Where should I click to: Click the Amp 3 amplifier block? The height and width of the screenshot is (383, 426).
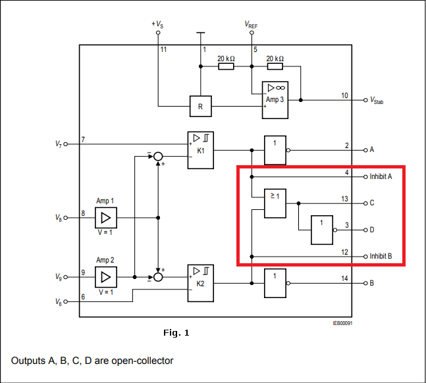(x=275, y=100)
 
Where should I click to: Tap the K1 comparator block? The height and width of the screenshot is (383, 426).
(x=200, y=150)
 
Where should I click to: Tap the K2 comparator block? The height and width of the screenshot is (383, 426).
(x=200, y=283)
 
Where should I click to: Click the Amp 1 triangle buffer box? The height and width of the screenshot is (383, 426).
(x=105, y=217)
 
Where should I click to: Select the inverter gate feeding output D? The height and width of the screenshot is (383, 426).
(x=323, y=230)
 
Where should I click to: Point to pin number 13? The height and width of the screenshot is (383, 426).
(x=344, y=198)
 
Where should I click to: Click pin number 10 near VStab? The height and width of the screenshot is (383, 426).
(x=344, y=95)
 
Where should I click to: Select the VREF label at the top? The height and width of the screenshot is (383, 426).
(x=252, y=24)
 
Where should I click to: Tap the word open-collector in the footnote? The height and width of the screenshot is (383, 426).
(x=144, y=361)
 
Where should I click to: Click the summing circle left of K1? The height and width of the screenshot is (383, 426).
(x=158, y=156)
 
